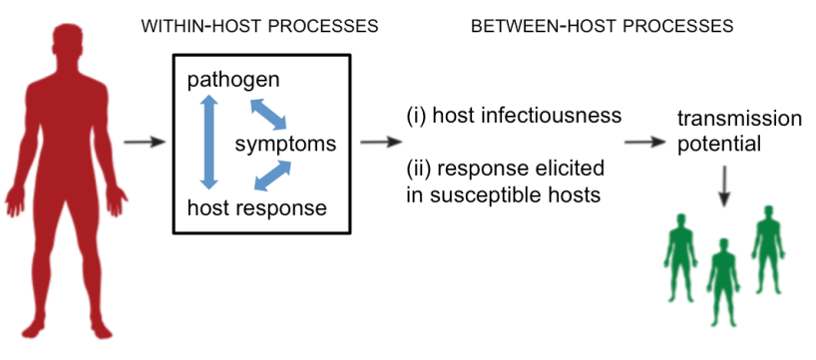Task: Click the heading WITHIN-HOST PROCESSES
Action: coord(259,26)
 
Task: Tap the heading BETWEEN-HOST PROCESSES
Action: coord(603,26)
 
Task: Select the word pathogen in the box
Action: coord(233,81)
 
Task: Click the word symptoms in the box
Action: coord(285,145)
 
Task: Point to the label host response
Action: coord(257,208)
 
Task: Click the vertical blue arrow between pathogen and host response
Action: coord(208,143)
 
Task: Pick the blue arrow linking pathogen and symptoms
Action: coord(268,115)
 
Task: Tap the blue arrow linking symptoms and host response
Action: coord(272,176)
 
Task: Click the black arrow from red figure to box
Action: coord(145,142)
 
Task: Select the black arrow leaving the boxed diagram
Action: coord(381,142)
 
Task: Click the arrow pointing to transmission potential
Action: coord(645,142)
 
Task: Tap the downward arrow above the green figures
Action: coord(724,186)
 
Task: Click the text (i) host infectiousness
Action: coord(514,115)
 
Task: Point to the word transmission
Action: coord(739,119)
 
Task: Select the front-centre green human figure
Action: coord(723,281)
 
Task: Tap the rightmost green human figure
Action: coord(767,249)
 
